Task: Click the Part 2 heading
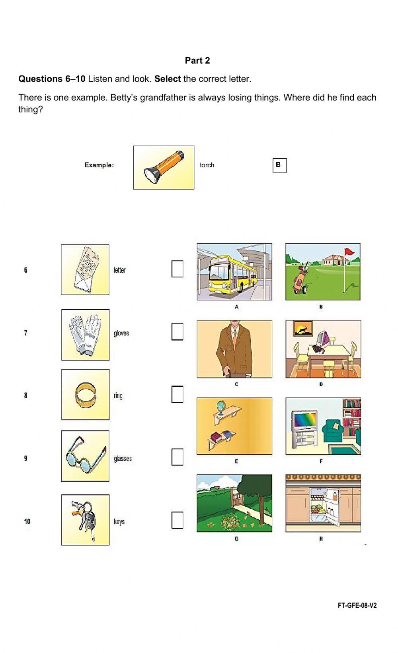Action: [197, 60]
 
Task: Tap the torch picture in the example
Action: [164, 167]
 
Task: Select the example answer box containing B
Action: [279, 165]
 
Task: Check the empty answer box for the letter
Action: [177, 269]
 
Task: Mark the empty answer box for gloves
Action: [177, 331]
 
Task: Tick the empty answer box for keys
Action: [177, 520]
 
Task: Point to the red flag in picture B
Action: [349, 252]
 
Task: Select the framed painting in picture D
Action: [302, 328]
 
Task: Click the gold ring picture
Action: [86, 395]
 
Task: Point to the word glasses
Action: [123, 458]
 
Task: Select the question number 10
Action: [27, 521]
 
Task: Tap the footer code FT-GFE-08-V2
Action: [357, 605]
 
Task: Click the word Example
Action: [99, 165]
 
